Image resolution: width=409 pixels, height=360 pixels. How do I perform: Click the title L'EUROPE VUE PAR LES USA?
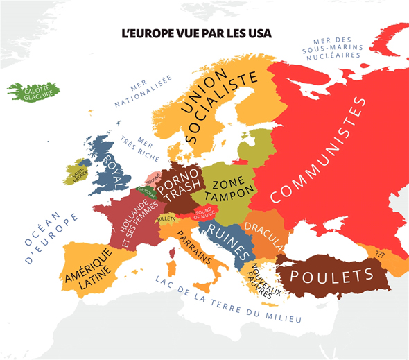[x=196, y=33]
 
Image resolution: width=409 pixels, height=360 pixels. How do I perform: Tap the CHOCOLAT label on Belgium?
[x=146, y=190]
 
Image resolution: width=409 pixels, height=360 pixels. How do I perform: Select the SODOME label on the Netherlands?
[x=153, y=178]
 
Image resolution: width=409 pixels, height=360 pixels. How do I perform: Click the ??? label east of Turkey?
[x=379, y=253]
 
